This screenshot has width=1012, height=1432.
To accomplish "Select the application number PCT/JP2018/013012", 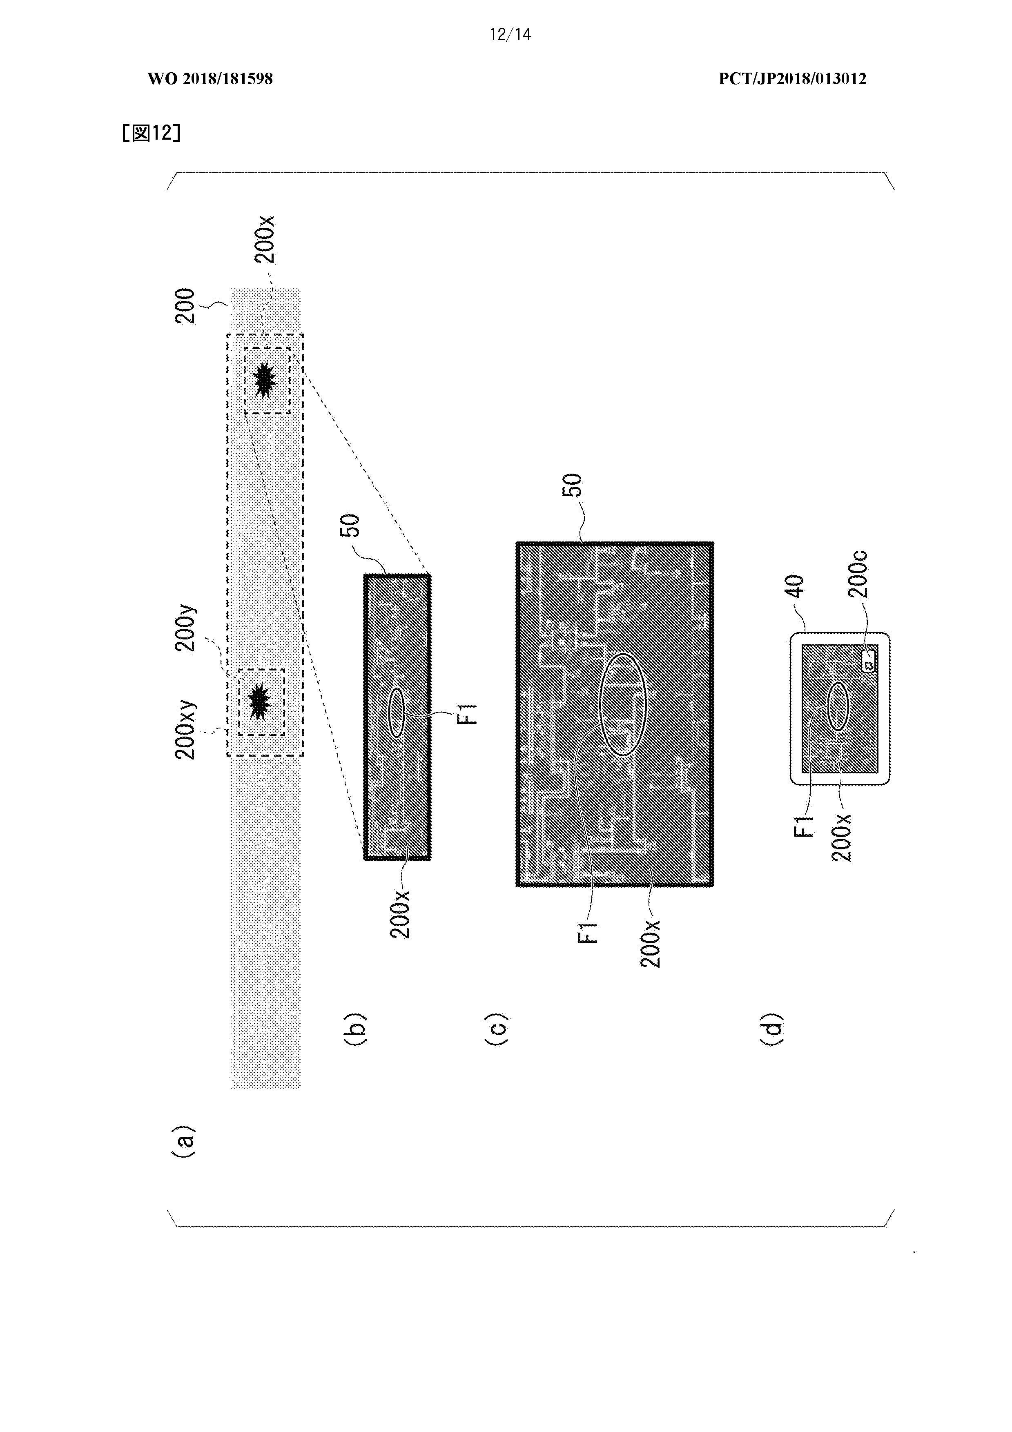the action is pyautogui.click(x=792, y=78).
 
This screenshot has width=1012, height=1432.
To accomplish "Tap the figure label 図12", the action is pyautogui.click(x=152, y=133).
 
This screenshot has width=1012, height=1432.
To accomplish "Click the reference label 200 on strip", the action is pyautogui.click(x=185, y=305).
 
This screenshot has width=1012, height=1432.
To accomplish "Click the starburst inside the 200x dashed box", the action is pyautogui.click(x=266, y=379).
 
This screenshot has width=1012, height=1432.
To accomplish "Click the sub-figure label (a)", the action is pyautogui.click(x=183, y=1141).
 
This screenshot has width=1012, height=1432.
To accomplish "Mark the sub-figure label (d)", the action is pyautogui.click(x=771, y=1029).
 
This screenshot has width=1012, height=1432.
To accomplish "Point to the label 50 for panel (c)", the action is pyautogui.click(x=572, y=485).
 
